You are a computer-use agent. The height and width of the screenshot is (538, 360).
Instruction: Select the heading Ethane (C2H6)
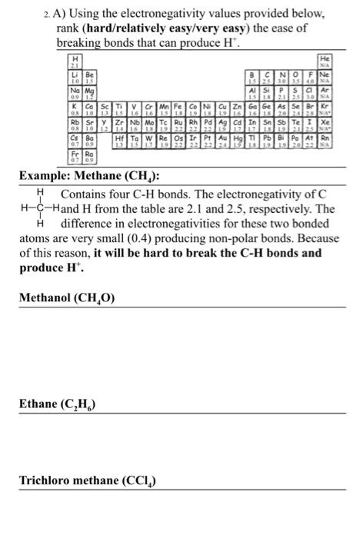coord(57,403)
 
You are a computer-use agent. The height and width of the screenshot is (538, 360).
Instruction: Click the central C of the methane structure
coord(38,208)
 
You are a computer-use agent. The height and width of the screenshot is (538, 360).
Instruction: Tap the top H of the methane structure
coord(38,192)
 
